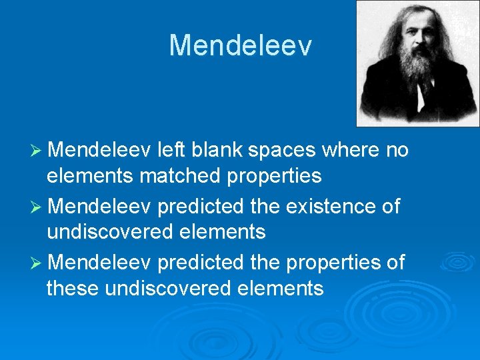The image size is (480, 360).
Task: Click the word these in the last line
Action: coord(73,289)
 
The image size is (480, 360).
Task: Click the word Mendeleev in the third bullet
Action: coord(100,263)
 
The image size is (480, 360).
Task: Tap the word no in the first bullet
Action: coord(397,151)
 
